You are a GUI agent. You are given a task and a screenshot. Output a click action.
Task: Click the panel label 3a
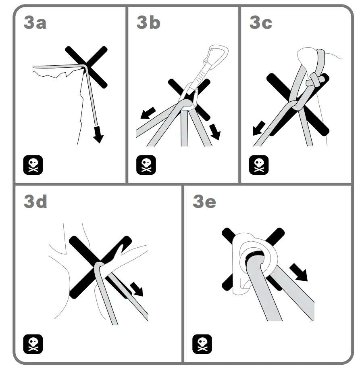click(35, 23)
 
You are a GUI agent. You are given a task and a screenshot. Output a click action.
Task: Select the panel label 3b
click(148, 23)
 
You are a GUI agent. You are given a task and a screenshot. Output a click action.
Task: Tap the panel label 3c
click(261, 23)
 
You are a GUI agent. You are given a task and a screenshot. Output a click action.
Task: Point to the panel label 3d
click(35, 201)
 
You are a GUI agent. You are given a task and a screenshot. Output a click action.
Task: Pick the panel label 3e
click(204, 201)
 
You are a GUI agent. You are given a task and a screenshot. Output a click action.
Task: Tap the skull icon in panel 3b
click(146, 165)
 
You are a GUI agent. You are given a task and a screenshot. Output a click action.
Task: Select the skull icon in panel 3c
click(259, 165)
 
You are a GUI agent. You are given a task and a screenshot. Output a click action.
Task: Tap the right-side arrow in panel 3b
click(215, 132)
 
